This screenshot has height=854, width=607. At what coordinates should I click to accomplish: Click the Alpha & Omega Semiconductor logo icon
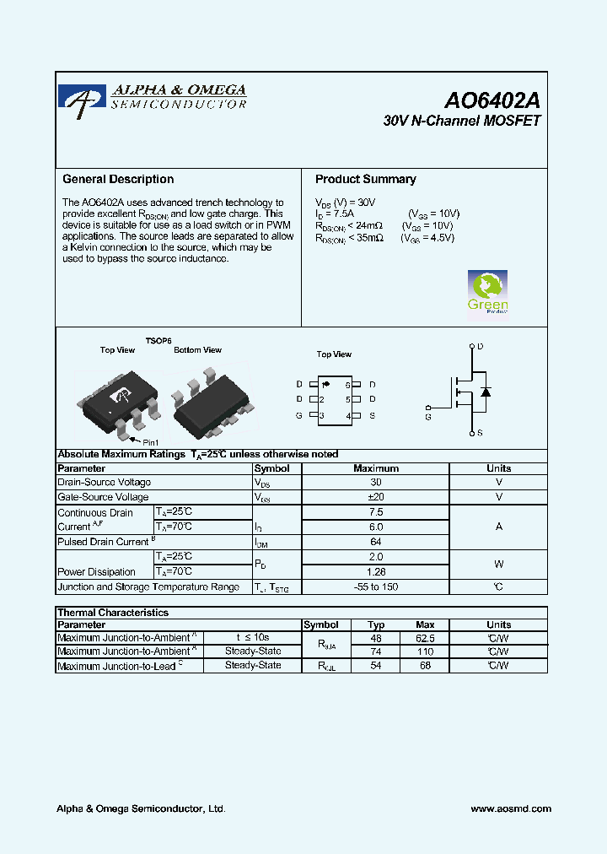pos(82,97)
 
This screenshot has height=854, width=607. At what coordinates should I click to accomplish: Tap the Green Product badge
pos(487,292)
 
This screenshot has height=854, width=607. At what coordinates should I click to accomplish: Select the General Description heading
pos(118,179)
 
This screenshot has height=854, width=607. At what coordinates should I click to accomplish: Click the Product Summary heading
pos(365,179)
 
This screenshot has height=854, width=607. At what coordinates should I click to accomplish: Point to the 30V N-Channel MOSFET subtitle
pos(461,122)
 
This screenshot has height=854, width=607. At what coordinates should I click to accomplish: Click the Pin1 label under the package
pos(150,442)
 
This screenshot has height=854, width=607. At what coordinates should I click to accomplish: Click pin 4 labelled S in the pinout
pos(372,416)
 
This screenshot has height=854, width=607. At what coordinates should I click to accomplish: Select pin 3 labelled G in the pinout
pos(299,416)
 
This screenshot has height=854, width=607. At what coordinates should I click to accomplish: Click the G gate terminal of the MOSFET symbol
pos(428,416)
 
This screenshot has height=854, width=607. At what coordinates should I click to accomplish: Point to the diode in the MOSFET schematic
pos(486,392)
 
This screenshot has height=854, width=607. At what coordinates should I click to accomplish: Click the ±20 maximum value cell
pos(376,497)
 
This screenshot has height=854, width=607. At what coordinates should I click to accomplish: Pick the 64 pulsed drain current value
pos(376,542)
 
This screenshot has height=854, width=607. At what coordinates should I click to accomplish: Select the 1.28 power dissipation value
pos(376,571)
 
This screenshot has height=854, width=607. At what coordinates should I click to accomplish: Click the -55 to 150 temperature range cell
pos(376,586)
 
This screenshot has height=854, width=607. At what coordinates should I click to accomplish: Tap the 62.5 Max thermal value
pos(426,638)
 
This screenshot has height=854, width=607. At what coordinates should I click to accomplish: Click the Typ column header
pos(376,625)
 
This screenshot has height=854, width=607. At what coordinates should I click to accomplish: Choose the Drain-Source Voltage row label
pos(105,483)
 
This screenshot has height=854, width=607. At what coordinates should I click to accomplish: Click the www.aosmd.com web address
pos(511,808)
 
